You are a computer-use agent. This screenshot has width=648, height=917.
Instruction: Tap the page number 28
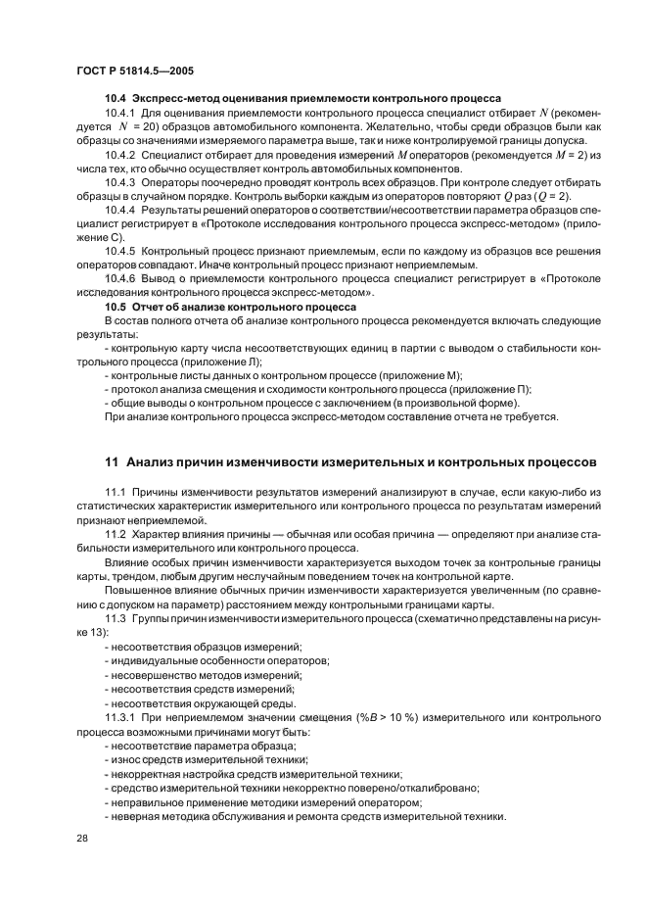click(82, 838)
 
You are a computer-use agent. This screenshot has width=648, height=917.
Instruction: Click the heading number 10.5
click(116, 307)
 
